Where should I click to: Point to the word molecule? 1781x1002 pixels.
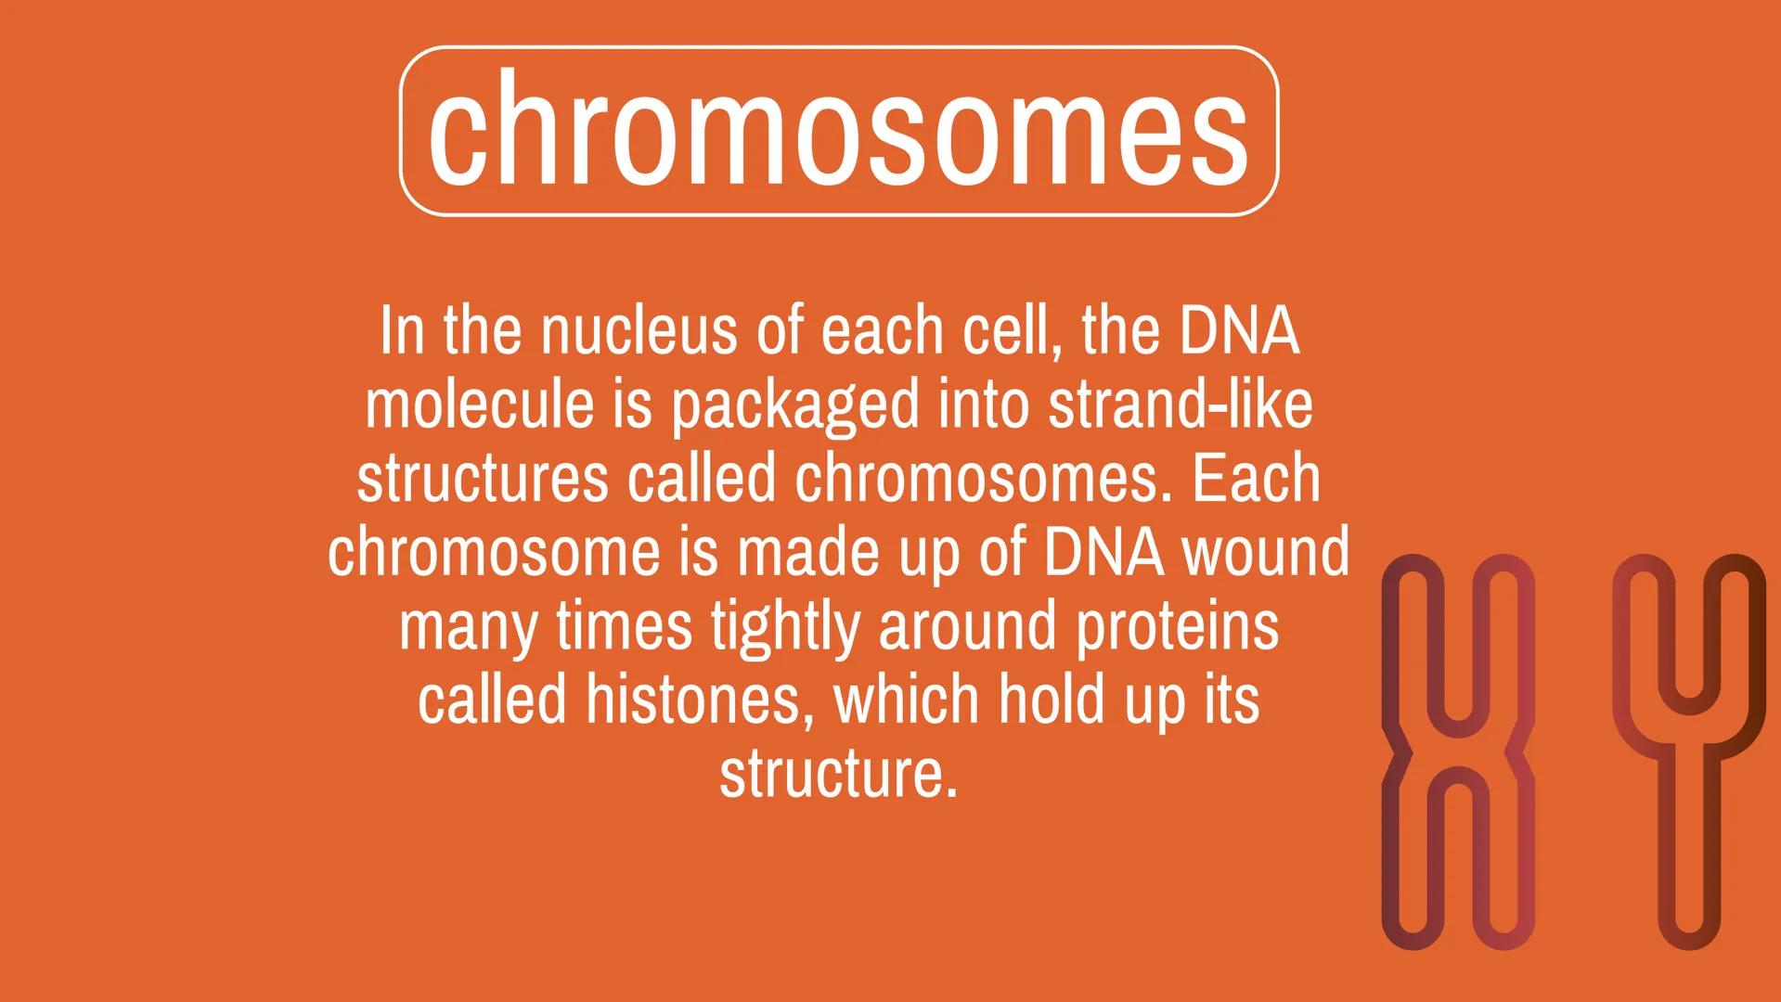pos(479,405)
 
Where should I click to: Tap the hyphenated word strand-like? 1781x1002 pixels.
pos(1180,405)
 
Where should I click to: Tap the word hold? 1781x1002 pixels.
pos(1052,700)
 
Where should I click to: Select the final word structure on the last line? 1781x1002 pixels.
pos(837,775)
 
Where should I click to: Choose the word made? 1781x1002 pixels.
pos(798,553)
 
